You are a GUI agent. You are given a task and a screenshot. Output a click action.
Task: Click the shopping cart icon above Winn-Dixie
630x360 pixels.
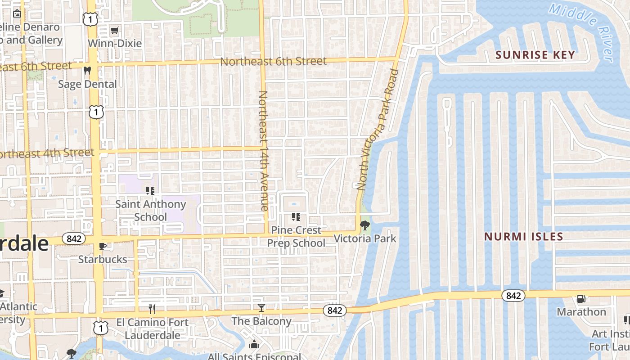(x=115, y=31)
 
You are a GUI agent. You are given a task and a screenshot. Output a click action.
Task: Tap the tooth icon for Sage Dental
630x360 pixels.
(x=87, y=70)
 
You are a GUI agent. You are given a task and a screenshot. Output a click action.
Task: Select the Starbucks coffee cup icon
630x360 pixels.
(x=103, y=246)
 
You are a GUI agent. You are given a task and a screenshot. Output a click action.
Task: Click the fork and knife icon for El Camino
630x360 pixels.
(x=152, y=309)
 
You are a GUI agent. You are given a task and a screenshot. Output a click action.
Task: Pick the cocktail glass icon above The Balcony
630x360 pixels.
(x=261, y=308)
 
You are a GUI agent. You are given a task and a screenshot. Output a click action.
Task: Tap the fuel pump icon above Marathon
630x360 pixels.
(x=581, y=298)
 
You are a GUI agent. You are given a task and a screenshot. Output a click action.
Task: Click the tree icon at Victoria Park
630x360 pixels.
(x=365, y=225)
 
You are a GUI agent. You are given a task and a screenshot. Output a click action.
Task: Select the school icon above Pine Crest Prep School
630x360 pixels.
(x=296, y=217)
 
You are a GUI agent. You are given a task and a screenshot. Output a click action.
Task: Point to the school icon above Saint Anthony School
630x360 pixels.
(x=150, y=191)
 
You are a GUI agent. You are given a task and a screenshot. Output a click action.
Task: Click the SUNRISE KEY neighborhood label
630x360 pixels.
(x=535, y=55)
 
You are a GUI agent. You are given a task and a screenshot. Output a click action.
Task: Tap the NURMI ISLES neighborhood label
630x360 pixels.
(x=523, y=236)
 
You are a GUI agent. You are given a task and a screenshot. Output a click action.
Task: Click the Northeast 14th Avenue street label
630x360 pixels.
(x=263, y=151)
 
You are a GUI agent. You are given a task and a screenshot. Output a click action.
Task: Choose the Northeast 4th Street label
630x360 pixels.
(x=45, y=153)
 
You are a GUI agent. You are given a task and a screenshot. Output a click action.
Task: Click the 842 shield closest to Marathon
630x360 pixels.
(x=513, y=295)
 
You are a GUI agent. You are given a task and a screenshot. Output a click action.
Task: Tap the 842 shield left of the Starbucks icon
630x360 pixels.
(x=73, y=238)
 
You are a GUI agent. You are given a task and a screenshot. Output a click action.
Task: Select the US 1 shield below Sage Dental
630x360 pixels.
(x=96, y=112)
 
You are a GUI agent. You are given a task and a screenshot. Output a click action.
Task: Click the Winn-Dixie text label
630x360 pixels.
(x=115, y=44)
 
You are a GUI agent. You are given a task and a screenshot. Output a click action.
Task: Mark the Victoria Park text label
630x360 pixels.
(x=365, y=238)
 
